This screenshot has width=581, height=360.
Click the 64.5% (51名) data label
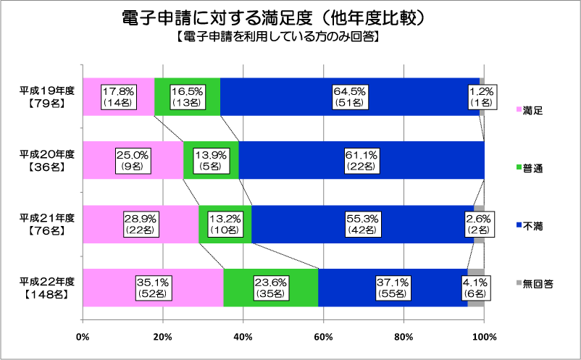tap(351, 97)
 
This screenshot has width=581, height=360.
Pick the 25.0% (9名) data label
tap(133, 160)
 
